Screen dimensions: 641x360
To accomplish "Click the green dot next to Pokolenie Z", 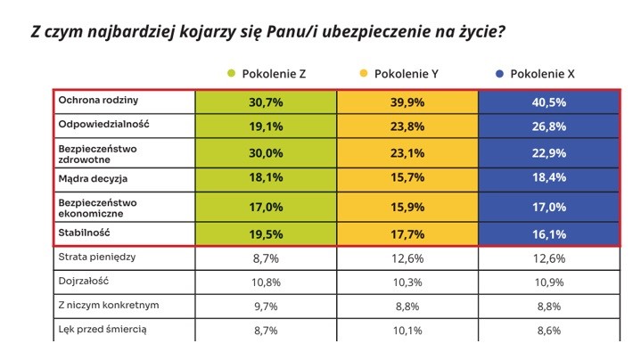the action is [x=232, y=74].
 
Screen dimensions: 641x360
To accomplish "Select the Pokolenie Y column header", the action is [x=406, y=74].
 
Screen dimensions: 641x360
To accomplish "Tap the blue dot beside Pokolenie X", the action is [x=499, y=74].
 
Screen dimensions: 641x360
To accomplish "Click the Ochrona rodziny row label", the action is [x=98, y=100].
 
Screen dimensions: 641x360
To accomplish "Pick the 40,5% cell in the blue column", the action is [x=548, y=102].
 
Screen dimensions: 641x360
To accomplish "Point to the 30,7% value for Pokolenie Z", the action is [x=266, y=102].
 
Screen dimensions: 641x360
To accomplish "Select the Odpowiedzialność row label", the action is [x=103, y=124].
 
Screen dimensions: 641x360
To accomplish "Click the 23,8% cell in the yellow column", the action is [x=407, y=127].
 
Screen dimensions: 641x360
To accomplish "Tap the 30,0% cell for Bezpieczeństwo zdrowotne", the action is [x=266, y=153].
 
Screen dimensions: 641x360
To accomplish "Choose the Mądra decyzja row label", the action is [x=93, y=179].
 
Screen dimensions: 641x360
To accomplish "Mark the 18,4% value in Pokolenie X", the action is [x=548, y=177].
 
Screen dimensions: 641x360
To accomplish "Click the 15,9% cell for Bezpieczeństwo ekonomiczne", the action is [x=407, y=207].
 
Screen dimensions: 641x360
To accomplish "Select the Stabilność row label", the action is [x=84, y=233].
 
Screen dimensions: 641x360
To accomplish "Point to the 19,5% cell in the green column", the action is [x=266, y=234].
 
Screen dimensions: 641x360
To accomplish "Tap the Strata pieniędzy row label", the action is [x=97, y=257].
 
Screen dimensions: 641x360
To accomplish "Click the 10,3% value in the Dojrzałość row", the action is [x=407, y=282].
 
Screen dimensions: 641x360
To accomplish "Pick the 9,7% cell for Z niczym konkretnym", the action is [x=266, y=307].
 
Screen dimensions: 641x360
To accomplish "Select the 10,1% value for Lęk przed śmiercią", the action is [x=407, y=331].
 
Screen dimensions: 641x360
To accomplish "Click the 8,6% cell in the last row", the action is [x=548, y=331].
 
